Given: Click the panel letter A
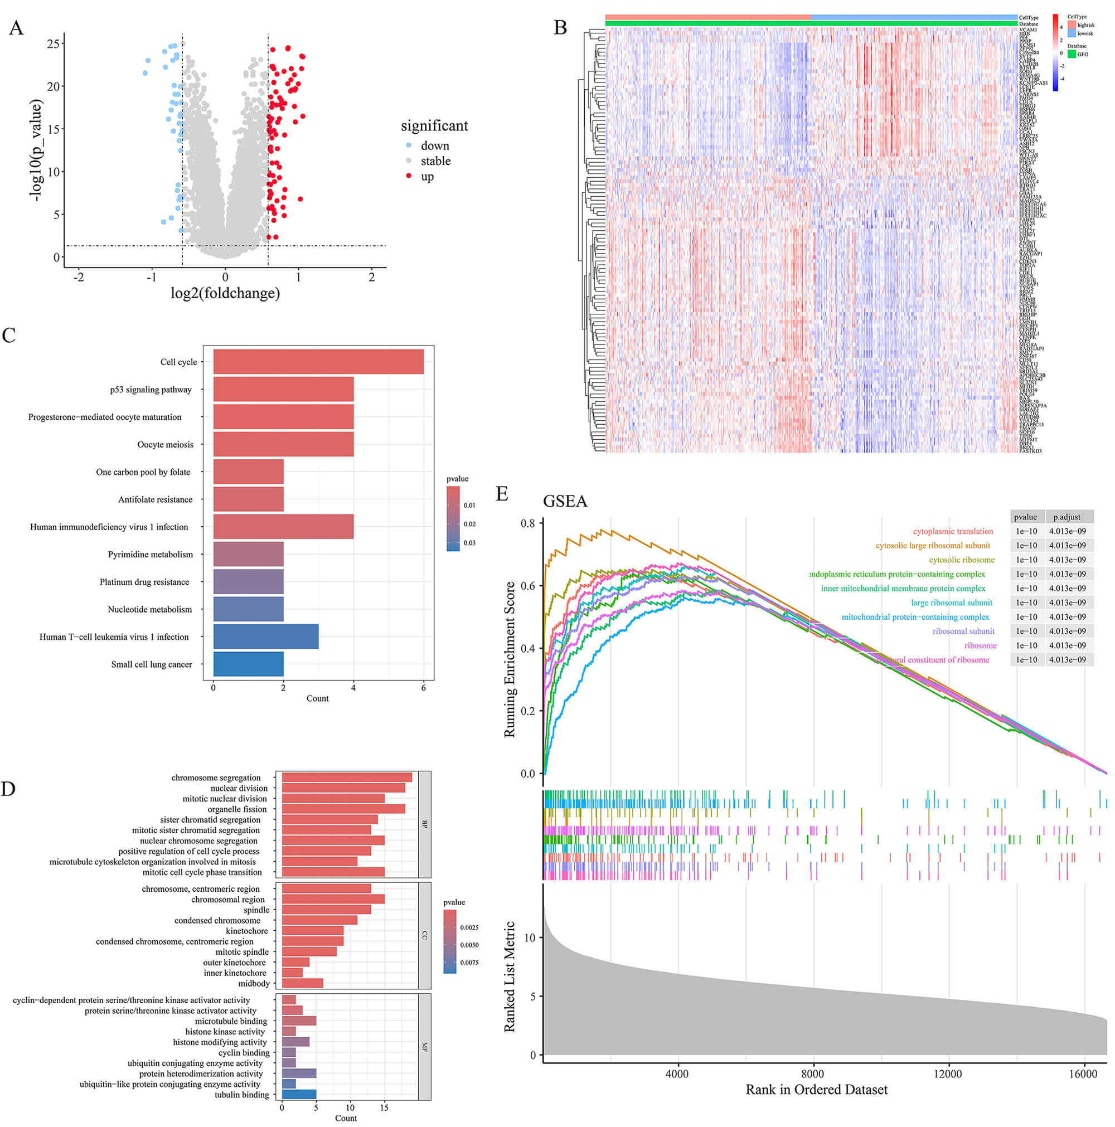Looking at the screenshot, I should (x=16, y=28).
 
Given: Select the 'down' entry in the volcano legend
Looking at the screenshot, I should (x=435, y=146).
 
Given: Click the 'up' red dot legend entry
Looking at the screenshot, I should (x=427, y=176).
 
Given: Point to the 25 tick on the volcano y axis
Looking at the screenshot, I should (x=53, y=43).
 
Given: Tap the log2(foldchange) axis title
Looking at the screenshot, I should (x=225, y=293).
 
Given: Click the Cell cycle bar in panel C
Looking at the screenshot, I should (x=318, y=362).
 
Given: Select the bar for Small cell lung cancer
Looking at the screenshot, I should (x=248, y=664).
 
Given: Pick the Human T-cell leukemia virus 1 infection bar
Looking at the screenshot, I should (x=265, y=637).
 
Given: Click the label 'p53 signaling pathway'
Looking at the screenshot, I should (x=151, y=390).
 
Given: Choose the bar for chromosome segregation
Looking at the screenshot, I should (x=347, y=778).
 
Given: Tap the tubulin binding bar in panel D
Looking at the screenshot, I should (x=299, y=1095).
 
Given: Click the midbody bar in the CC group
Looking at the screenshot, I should (x=302, y=984).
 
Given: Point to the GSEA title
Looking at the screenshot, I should (x=565, y=502).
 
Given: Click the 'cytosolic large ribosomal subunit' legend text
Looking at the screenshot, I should (x=932, y=546).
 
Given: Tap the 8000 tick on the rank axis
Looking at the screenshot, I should (x=812, y=1074).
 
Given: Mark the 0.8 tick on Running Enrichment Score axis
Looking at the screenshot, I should (x=527, y=523).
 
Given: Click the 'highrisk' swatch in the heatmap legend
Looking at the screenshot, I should (x=1072, y=25).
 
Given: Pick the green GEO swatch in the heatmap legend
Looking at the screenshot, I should (x=1072, y=54).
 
